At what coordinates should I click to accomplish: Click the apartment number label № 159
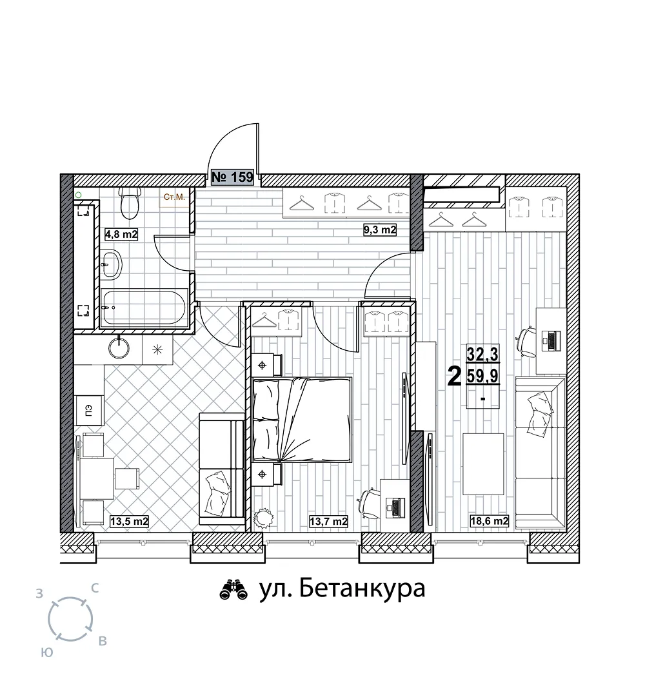pyautogui.click(x=232, y=177)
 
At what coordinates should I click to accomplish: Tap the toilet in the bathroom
pyautogui.click(x=130, y=202)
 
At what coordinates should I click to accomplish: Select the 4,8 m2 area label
pyautogui.click(x=121, y=234)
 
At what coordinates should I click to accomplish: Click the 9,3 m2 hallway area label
pyautogui.click(x=380, y=230)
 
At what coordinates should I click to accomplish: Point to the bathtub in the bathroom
pyautogui.click(x=144, y=307)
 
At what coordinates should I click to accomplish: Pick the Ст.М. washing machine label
pyautogui.click(x=174, y=197)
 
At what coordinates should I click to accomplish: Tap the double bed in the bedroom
pyautogui.click(x=303, y=420)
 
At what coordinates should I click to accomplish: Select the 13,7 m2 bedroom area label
pyautogui.click(x=329, y=522)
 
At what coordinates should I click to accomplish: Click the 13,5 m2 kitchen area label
pyautogui.click(x=130, y=522)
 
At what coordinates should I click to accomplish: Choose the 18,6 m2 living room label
pyautogui.click(x=490, y=521)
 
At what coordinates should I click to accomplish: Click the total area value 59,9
pyautogui.click(x=482, y=376)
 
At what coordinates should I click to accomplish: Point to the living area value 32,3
pyautogui.click(x=482, y=353)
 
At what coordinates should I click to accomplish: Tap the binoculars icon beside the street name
pyautogui.click(x=233, y=590)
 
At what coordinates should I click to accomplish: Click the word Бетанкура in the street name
pyautogui.click(x=362, y=589)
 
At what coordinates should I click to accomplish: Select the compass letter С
pyautogui.click(x=94, y=589)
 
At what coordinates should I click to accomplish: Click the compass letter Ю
pyautogui.click(x=47, y=653)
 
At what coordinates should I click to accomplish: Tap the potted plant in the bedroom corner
pyautogui.click(x=264, y=518)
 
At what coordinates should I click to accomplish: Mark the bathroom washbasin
pyautogui.click(x=112, y=264)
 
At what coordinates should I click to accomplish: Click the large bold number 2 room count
pyautogui.click(x=455, y=377)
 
